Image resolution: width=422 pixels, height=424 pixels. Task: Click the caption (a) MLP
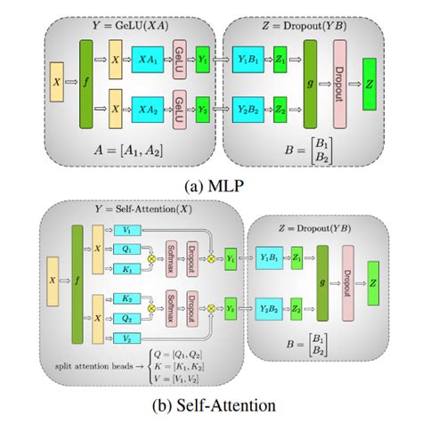pyautogui.click(x=210, y=187)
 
